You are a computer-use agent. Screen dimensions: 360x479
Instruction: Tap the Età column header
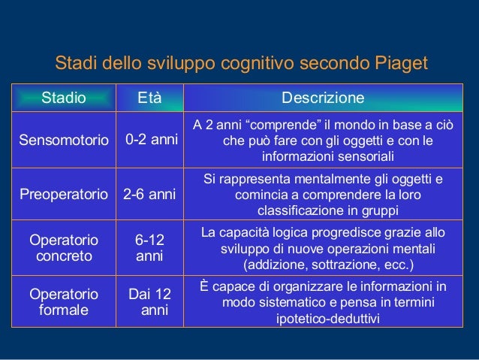149,98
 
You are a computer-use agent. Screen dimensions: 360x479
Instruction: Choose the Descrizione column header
323,98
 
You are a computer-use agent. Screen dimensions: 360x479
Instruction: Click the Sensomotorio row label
64,140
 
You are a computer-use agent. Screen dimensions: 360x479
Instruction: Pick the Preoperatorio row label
64,194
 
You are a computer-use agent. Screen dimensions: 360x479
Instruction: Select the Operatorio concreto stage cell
63,248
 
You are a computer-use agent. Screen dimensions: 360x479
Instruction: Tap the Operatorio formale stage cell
63,301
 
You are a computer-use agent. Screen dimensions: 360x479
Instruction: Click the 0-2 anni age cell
151,140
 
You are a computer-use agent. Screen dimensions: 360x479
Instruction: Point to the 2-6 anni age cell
149,194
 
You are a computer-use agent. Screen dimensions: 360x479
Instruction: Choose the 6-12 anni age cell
149,248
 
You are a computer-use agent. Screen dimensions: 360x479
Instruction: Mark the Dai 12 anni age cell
149,301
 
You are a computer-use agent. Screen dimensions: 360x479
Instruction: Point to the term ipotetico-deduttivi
323,319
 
